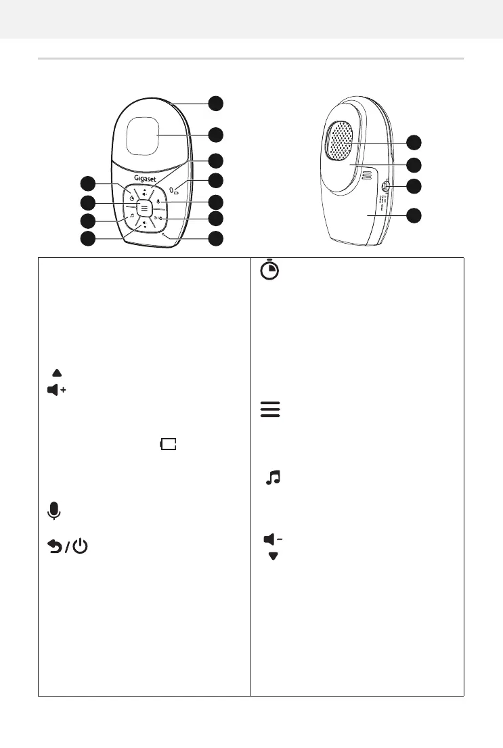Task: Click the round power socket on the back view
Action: [385, 187]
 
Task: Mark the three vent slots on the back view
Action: [367, 175]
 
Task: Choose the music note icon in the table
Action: [272, 479]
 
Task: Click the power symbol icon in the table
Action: [79, 547]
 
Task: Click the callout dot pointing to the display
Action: [215, 135]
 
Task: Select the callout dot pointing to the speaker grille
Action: [413, 142]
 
